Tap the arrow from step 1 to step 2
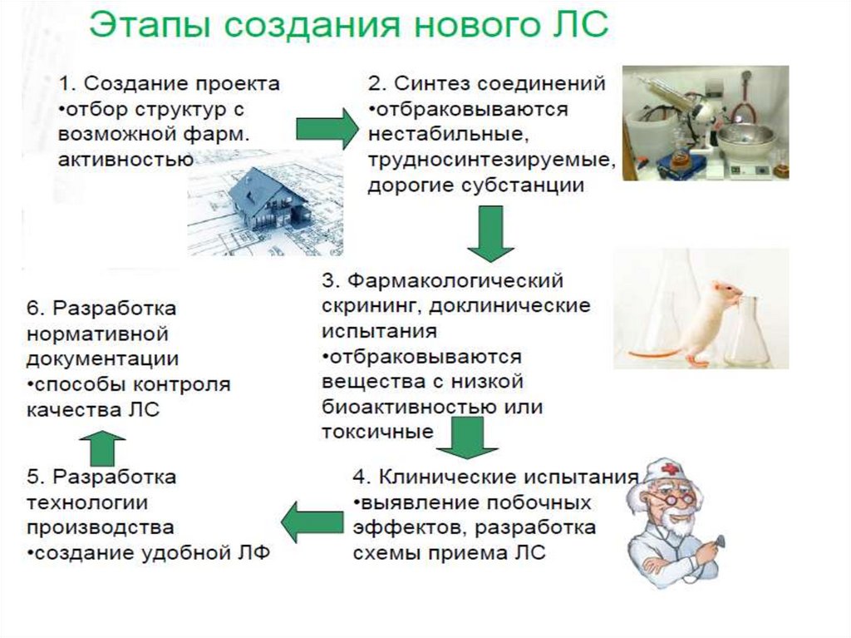point(325,128)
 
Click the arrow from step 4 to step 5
point(311,522)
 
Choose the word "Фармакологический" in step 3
point(455,279)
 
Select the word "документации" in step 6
point(102,359)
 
